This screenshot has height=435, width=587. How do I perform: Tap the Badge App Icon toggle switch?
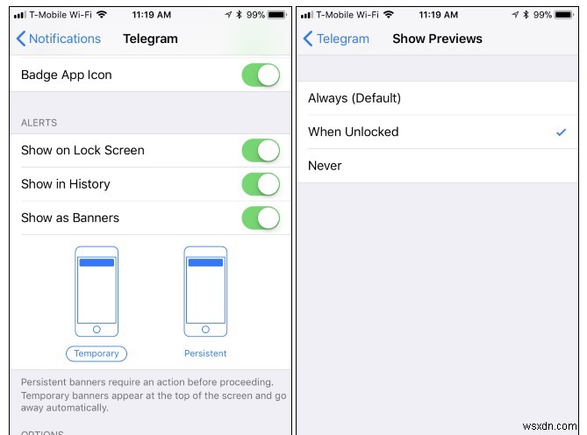pos(261,75)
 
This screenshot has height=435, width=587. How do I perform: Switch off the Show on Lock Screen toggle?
pos(261,151)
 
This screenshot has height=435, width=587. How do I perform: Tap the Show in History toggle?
pos(261,184)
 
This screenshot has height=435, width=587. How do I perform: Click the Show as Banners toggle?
pos(261,217)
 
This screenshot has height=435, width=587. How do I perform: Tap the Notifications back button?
pos(59,39)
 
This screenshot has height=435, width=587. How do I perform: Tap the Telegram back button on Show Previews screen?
pos(336,39)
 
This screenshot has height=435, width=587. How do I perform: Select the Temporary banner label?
pos(97,353)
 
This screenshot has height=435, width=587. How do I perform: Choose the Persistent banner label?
pos(205,353)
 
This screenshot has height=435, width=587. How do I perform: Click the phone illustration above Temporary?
pos(97,291)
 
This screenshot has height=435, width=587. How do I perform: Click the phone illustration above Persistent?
pos(205,291)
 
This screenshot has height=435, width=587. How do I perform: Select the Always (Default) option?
pos(354,98)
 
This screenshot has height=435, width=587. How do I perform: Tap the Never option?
pos(325,166)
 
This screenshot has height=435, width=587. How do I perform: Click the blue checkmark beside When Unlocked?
pos(561,132)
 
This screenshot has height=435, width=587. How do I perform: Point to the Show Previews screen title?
pos(437,39)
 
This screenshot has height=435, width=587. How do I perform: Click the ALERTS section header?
pos(39,123)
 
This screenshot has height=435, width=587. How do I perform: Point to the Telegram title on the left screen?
pos(151,39)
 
